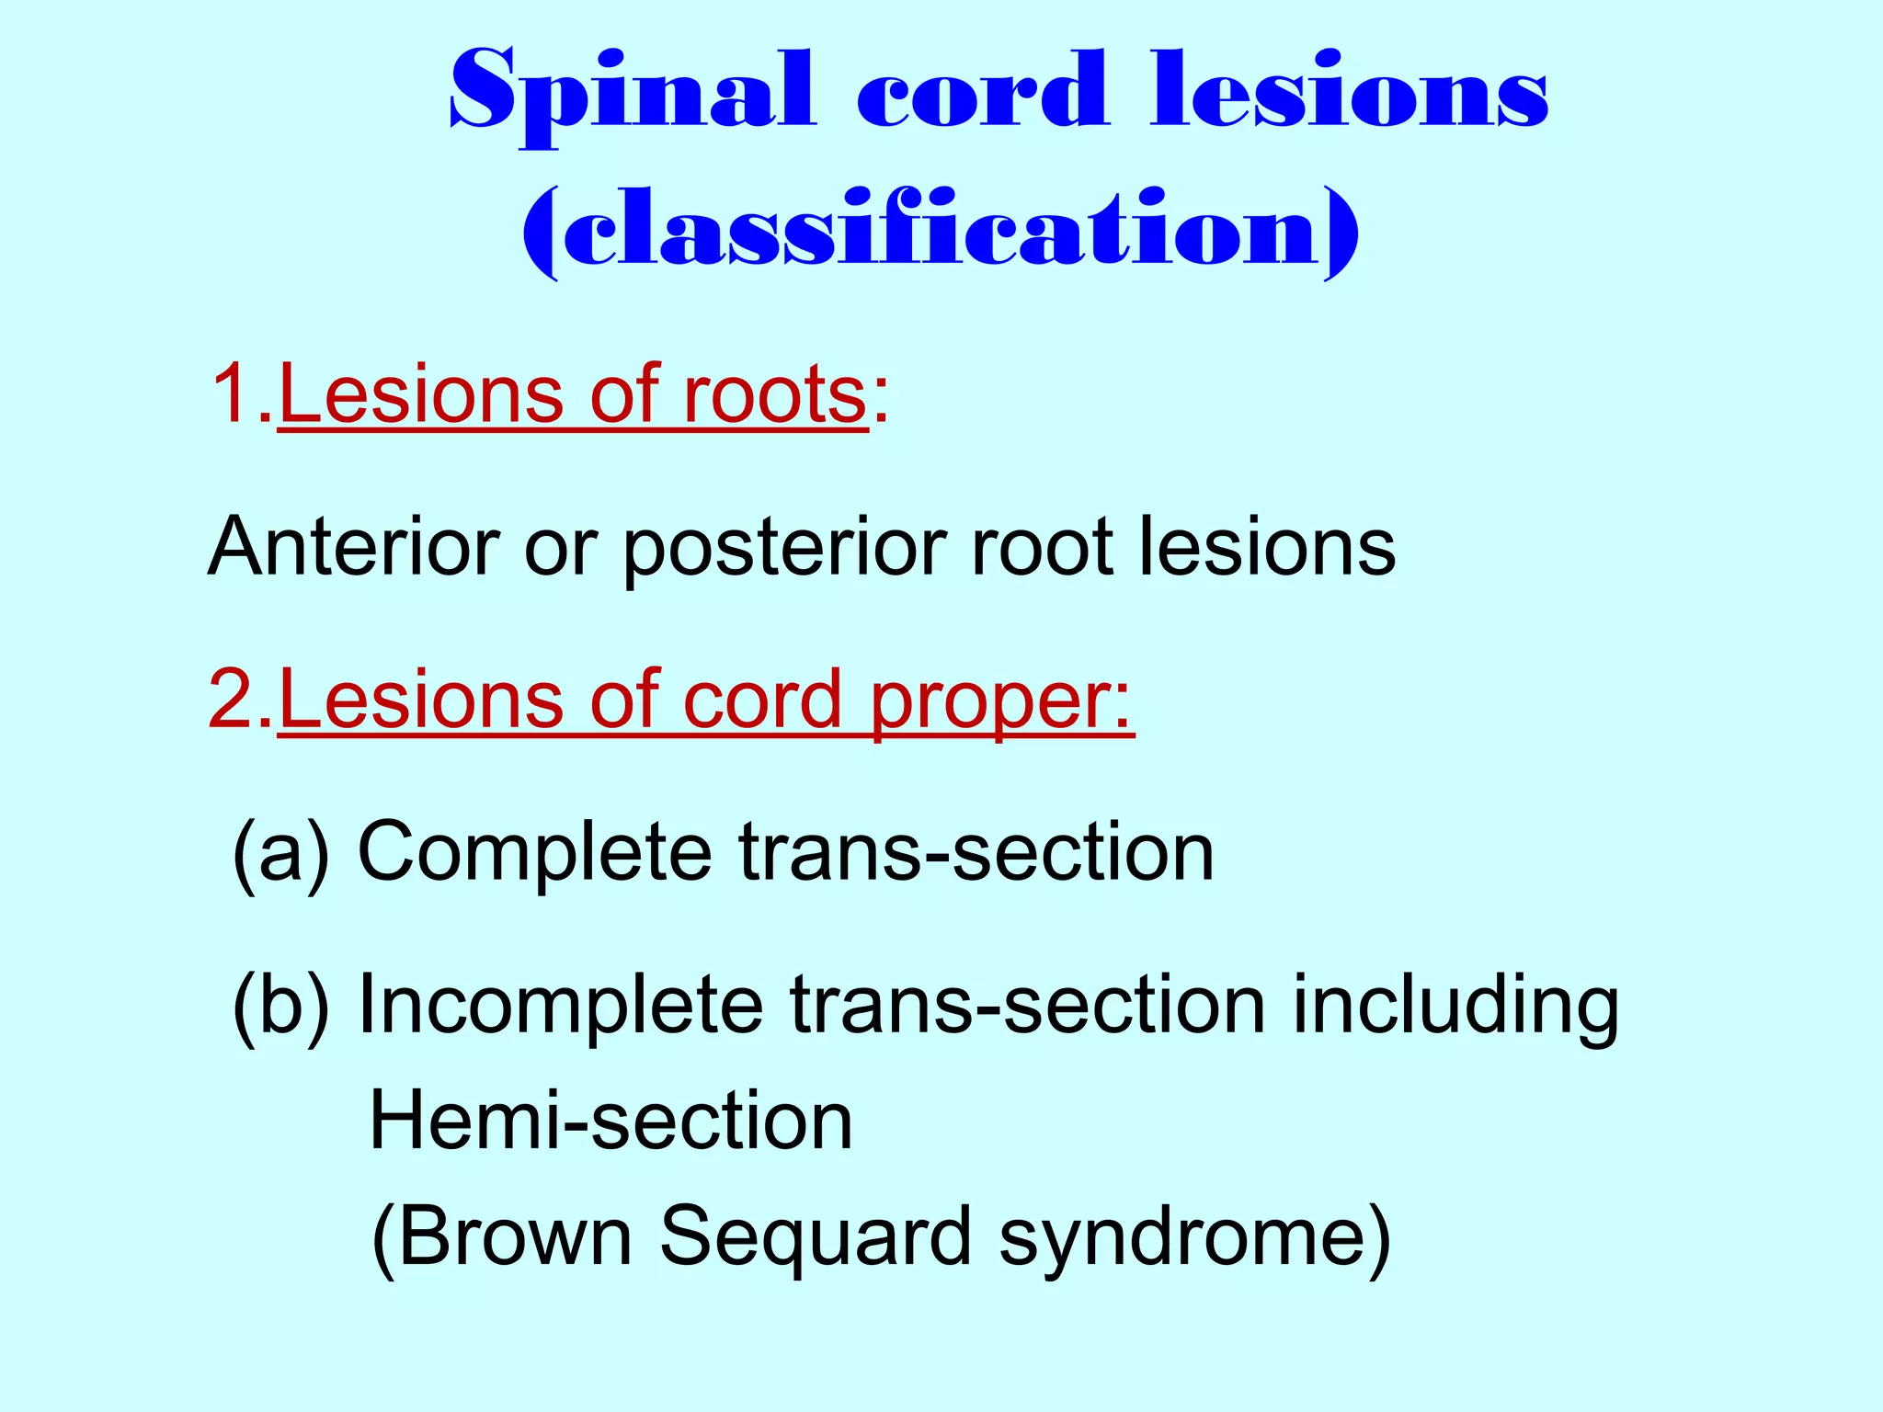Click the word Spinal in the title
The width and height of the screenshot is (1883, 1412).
point(633,92)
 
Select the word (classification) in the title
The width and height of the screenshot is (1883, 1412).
point(940,230)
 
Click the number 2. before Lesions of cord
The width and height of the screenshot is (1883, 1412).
point(241,700)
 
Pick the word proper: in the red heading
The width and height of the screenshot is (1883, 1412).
point(1001,701)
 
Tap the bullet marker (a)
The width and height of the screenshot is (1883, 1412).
point(281,853)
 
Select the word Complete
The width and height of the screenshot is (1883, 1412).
point(534,853)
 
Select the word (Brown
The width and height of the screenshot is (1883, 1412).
point(501,1237)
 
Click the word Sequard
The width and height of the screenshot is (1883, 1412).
point(816,1237)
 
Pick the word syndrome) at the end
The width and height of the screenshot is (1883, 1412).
point(1195,1237)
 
